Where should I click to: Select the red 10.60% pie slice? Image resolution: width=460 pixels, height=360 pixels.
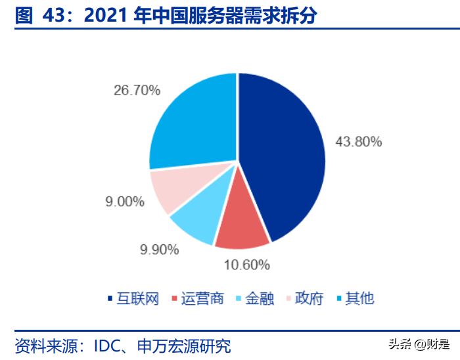pyautogui.click(x=242, y=227)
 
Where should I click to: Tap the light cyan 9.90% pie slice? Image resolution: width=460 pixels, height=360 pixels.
pyautogui.click(x=197, y=220)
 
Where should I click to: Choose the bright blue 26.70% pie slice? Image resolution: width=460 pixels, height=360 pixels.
pyautogui.click(x=194, y=122)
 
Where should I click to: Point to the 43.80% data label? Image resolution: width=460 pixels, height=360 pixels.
pyautogui.click(x=358, y=142)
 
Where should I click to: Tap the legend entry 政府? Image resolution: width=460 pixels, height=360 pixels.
pyautogui.click(x=305, y=299)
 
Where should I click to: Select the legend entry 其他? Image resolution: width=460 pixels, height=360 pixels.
pyautogui.click(x=355, y=299)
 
